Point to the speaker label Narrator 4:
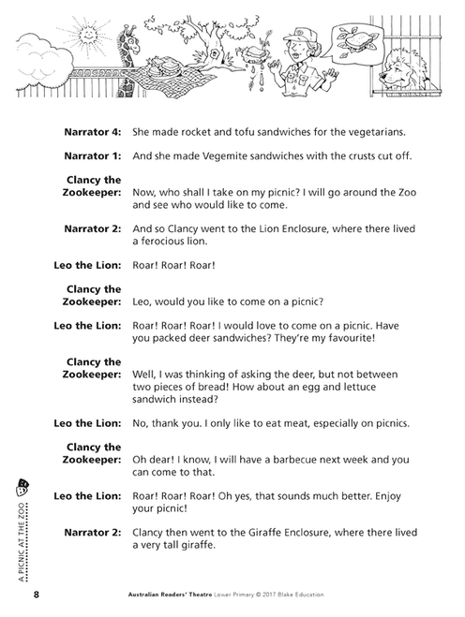point(91,130)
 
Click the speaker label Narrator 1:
point(91,155)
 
